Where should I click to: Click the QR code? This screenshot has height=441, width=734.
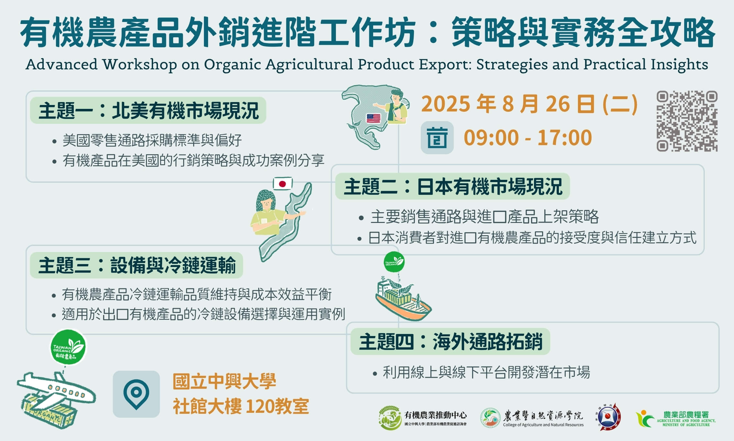click(687, 121)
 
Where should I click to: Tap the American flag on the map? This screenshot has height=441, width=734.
click(373, 118)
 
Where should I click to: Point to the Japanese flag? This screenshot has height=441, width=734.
click(283, 184)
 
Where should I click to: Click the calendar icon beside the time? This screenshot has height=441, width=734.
click(437, 138)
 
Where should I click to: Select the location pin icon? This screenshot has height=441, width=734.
click(136, 394)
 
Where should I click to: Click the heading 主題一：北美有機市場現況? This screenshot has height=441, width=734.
click(149, 111)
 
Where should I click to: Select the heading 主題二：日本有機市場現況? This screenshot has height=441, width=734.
click(453, 187)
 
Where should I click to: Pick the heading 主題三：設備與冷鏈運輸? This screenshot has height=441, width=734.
click(137, 265)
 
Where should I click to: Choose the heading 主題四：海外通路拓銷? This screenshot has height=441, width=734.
click(450, 342)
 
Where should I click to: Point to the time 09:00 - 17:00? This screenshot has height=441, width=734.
click(528, 138)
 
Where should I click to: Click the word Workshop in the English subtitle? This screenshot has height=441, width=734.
click(140, 64)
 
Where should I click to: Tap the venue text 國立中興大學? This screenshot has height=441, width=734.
click(224, 381)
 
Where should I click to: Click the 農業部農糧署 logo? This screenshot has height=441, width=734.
click(675, 419)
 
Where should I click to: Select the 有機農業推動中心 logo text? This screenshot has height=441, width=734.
click(436, 415)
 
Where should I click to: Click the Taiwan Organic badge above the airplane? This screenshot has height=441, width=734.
click(68, 347)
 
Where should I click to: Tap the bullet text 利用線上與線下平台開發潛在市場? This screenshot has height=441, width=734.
click(486, 372)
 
